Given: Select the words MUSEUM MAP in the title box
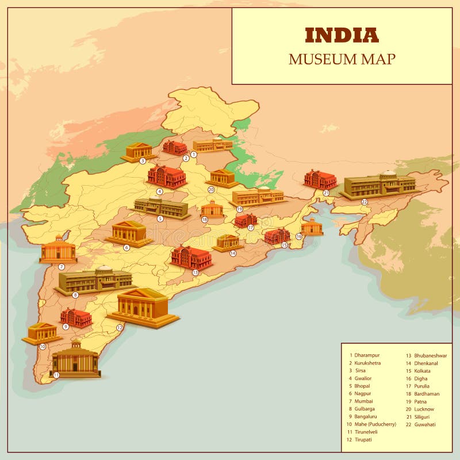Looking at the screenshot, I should click(342, 59).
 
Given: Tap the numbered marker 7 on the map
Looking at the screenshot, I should click(62, 267).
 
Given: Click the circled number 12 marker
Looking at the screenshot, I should click(120, 327).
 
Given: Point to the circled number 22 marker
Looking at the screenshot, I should click(364, 202).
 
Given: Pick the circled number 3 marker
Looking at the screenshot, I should click(143, 161).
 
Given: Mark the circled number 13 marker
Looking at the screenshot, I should click(195, 272).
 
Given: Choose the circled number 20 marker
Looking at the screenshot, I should click(211, 189).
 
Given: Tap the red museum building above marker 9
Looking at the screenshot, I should click(76, 317).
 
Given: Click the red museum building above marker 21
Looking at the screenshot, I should click(320, 179).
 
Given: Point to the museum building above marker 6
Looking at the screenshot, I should click(129, 233).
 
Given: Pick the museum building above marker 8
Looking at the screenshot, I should click(95, 279).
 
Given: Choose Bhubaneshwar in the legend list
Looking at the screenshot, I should click(430, 355).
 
